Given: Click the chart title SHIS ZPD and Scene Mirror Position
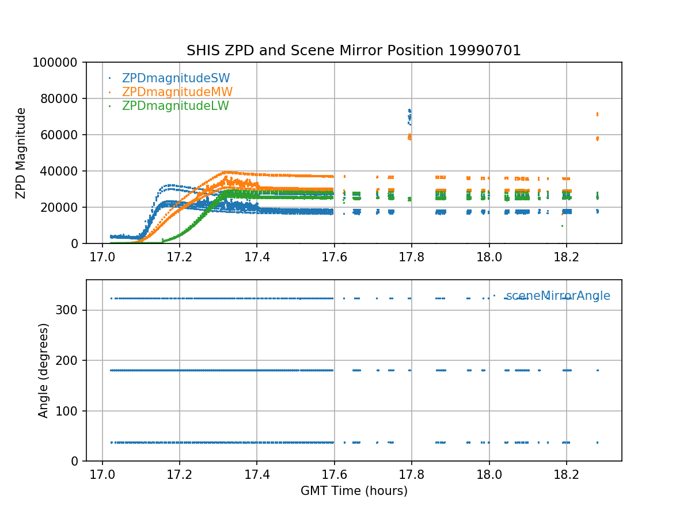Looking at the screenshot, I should tap(354, 51).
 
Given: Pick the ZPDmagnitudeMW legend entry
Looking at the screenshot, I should tap(177, 92).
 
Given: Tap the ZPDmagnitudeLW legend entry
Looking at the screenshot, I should tap(175, 106).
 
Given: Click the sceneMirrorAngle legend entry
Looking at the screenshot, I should tap(557, 296).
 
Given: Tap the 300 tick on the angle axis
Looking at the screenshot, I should tap(71, 310).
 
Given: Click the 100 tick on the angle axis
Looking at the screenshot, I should tap(71, 411).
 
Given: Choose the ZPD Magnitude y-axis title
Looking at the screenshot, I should tap(21, 153).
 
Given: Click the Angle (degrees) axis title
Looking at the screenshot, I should tap(44, 370).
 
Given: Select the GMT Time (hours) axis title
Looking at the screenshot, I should tap(354, 491).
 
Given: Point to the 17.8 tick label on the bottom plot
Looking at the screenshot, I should tap(411, 473).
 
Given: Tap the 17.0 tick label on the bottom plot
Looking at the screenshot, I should tap(102, 473).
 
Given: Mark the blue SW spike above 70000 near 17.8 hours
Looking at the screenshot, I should tap(409, 111).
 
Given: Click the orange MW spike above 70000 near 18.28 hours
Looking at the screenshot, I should tap(597, 114).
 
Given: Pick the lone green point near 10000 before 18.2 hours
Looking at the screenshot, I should tap(562, 226).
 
